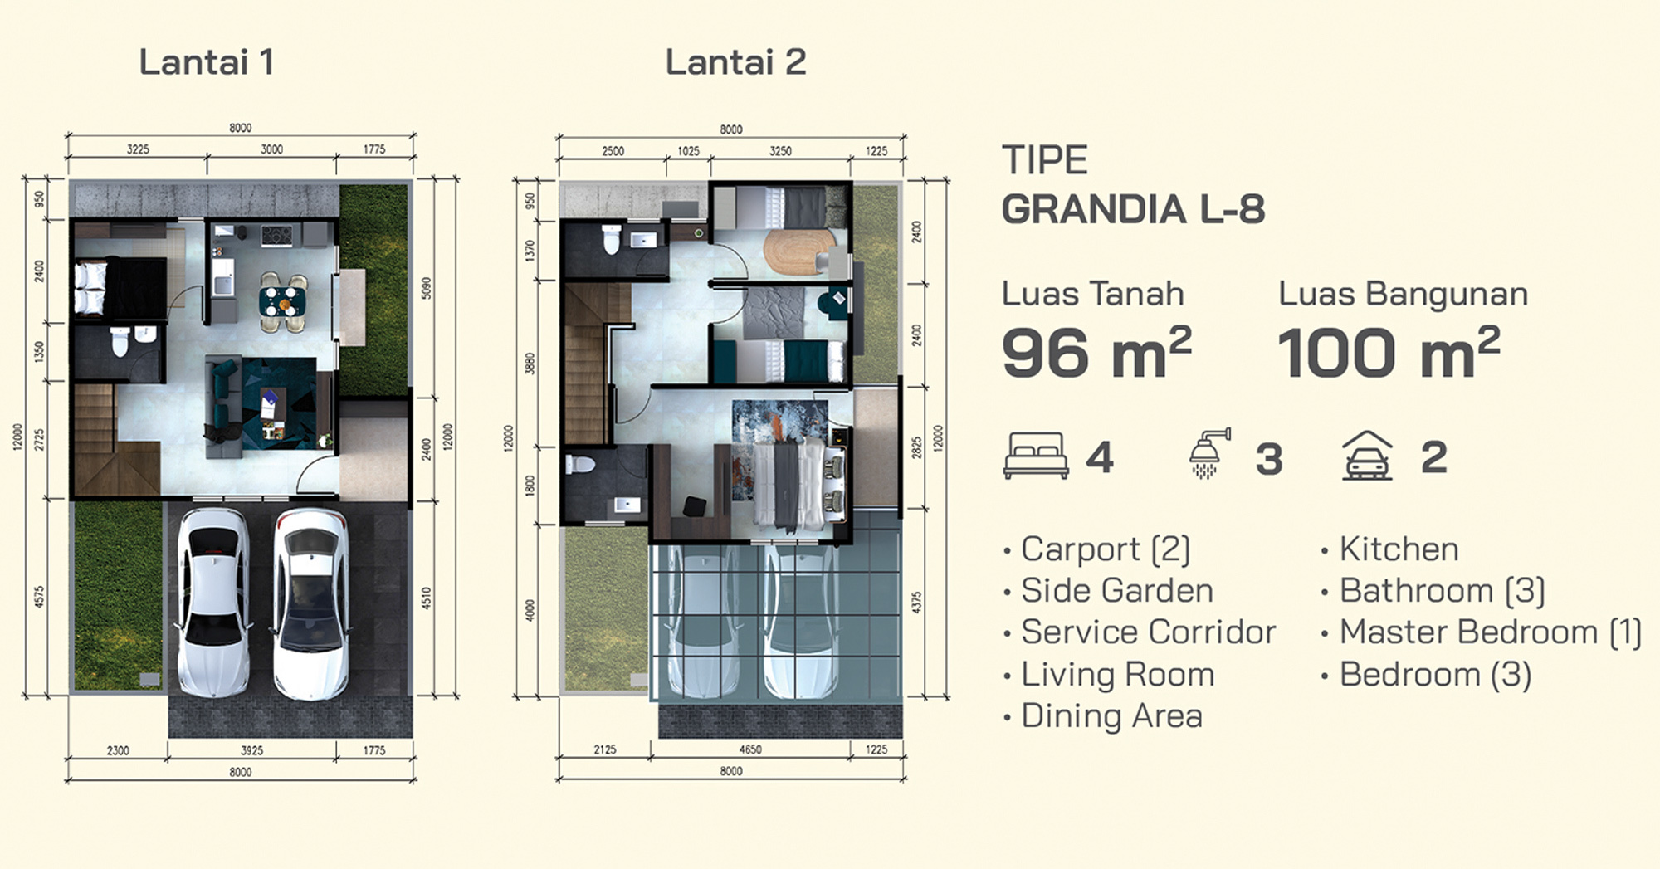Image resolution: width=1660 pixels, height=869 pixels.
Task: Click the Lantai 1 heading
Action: [207, 62]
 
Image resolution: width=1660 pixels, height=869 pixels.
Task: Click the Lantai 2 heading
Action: [735, 62]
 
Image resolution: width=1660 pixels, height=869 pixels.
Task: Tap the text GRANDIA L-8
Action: [1133, 209]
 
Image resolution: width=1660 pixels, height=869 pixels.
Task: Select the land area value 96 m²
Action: [1096, 351]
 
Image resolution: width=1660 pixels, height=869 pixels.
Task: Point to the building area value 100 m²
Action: [1389, 351]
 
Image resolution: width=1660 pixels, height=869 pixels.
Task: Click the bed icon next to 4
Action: [1036, 456]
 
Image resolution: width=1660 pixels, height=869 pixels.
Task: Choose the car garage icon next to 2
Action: [1367, 456]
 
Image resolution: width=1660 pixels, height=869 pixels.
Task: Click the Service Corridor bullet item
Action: [1140, 632]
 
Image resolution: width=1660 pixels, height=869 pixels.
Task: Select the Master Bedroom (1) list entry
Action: [1482, 632]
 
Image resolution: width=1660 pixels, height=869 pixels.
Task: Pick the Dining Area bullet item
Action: [1103, 716]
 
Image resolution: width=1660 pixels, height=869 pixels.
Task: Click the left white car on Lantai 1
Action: [213, 602]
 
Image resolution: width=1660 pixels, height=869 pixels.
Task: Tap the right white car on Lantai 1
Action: [310, 603]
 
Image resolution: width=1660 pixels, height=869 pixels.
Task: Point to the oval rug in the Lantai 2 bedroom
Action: [799, 251]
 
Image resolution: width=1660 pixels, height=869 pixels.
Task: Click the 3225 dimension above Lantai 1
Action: [138, 149]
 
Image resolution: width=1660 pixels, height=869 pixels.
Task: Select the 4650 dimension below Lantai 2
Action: [750, 749]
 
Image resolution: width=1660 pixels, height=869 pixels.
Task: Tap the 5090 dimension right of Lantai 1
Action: [427, 288]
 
